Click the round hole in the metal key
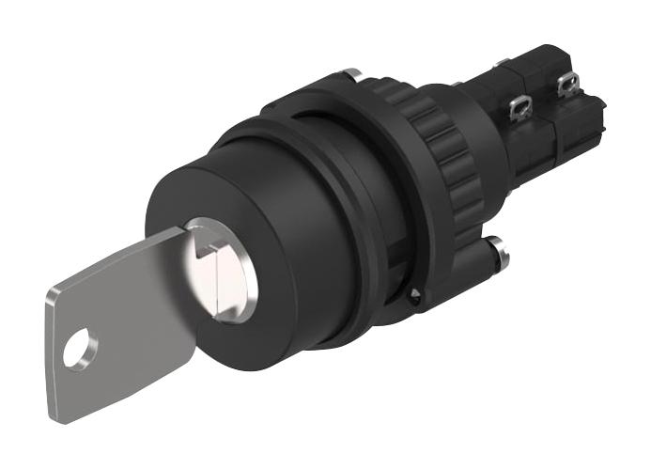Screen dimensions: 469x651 [x=80, y=349]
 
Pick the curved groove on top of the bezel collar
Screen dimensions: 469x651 [x=282, y=132]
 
